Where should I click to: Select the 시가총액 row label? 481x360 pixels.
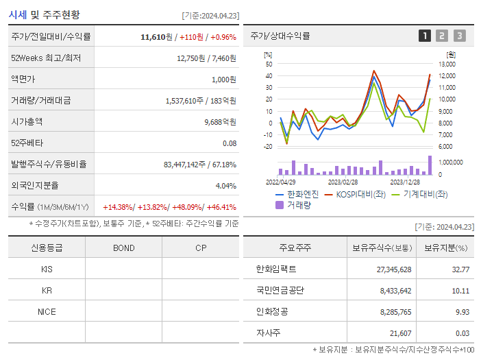tap(27, 121)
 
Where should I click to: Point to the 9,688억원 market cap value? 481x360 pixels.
tap(220, 121)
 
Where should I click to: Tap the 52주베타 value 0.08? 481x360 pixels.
tap(230, 143)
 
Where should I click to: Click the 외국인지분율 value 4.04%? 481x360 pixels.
tap(225, 186)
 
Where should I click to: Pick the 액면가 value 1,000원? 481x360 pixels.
tap(223, 79)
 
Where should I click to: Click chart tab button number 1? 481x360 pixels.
tap(425, 36)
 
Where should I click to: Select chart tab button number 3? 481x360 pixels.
tap(459, 36)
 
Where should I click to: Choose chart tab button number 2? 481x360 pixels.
tap(442, 36)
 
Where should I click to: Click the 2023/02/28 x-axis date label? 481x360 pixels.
tap(343, 182)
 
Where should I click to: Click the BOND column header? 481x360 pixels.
tap(123, 248)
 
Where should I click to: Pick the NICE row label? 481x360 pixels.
tap(47, 311)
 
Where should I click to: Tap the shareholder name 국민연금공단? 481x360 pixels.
tap(280, 290)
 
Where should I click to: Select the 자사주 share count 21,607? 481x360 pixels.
tap(397, 333)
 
